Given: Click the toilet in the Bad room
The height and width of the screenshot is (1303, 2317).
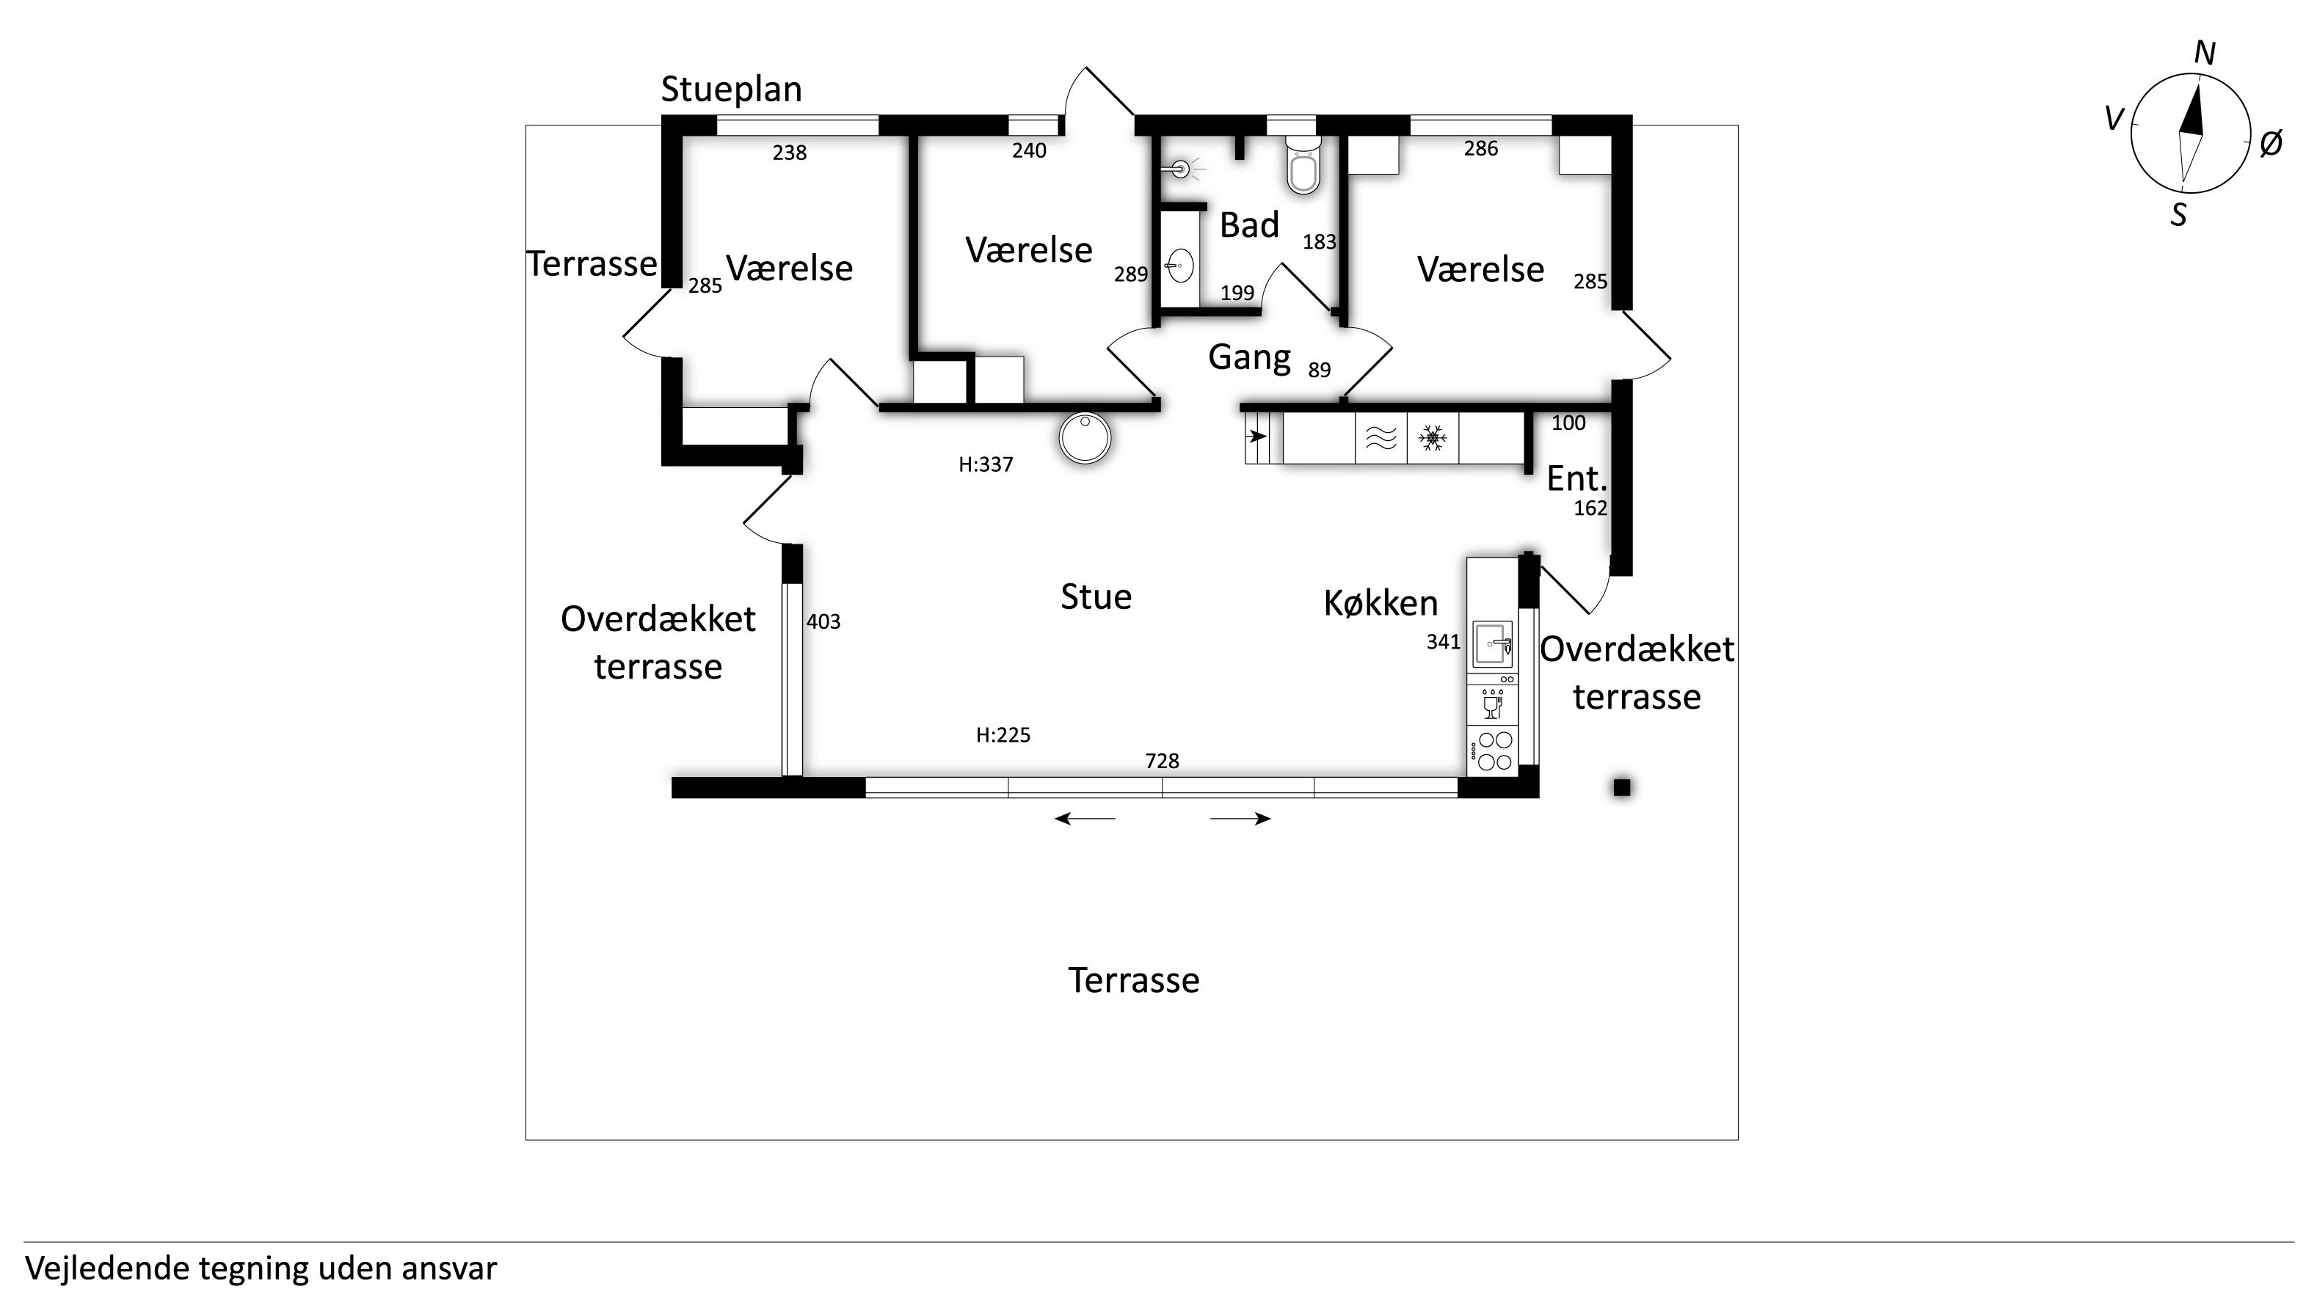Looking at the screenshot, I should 1303,166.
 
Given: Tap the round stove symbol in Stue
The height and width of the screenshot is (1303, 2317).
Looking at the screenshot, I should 1085,438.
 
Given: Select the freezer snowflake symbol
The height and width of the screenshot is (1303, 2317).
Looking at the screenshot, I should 1432,438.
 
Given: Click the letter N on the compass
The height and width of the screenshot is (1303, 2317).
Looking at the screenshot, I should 2205,54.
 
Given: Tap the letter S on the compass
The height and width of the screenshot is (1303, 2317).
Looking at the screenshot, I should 2178,215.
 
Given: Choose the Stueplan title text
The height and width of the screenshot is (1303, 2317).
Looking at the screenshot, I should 731,89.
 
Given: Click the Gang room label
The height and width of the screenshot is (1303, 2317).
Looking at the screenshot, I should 1249,357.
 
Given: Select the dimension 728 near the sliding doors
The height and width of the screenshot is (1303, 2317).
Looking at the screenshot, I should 1162,761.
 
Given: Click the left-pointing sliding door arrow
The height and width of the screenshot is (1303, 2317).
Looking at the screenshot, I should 1084,818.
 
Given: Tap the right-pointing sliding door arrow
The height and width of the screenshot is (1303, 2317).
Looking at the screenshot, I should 1241,818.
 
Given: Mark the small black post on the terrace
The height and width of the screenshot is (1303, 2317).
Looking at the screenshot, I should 1622,788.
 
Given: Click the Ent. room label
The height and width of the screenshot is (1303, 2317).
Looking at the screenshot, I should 1576,478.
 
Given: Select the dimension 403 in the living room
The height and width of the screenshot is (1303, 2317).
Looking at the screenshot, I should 823,621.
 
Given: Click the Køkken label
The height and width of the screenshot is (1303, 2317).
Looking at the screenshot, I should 1381,602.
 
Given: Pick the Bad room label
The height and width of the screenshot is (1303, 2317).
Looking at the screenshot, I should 1249,225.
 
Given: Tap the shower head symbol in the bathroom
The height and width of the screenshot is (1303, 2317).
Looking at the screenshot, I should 1181,168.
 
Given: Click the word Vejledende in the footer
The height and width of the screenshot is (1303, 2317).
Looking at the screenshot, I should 106,1269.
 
